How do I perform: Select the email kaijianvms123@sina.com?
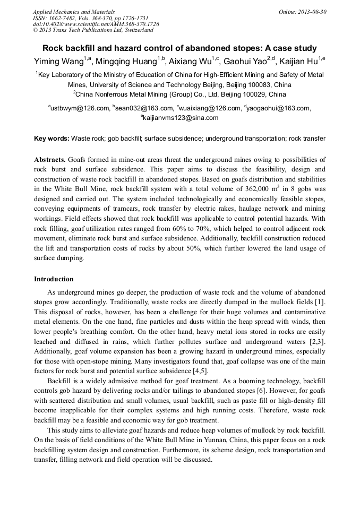pos(181,118)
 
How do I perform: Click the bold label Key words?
pos(52,139)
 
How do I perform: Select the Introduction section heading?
pos(54,279)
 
